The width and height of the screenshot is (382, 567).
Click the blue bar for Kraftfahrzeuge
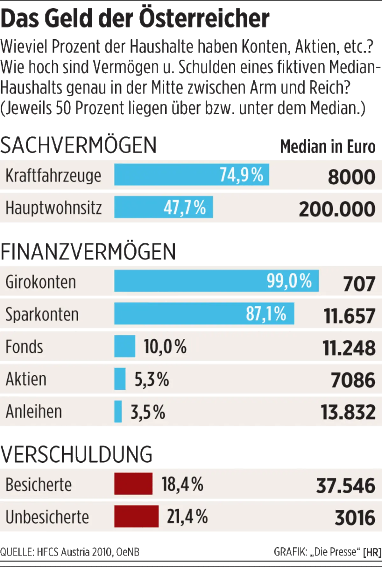(191, 174)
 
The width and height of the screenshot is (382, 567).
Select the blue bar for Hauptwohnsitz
(163, 207)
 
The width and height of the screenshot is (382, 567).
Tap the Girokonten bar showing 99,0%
(216, 281)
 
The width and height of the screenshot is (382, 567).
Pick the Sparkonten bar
(204, 313)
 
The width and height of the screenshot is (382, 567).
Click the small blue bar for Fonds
(124, 346)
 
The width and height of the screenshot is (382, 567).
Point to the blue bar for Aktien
(120, 379)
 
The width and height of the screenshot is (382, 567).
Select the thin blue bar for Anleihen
(118, 411)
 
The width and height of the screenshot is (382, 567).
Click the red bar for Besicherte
(133, 484)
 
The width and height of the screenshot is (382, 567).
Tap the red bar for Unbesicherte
(136, 516)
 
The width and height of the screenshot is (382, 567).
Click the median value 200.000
(337, 209)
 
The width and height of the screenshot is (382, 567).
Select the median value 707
(359, 284)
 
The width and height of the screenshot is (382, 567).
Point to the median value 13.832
(348, 412)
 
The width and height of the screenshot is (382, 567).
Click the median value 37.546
(346, 485)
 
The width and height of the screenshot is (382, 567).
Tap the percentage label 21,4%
(187, 517)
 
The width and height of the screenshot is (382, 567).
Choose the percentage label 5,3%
(152, 379)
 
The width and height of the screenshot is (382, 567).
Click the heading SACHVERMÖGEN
(79, 145)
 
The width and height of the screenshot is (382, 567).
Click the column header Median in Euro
(328, 147)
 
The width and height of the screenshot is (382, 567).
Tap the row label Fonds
(24, 347)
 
